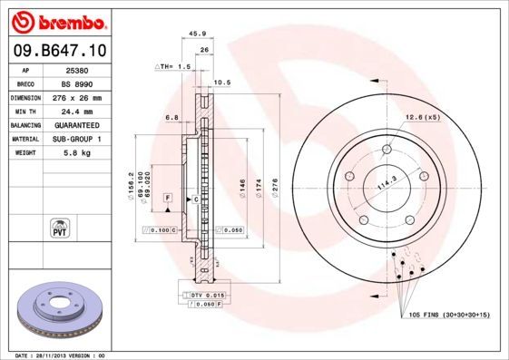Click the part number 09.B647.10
(x=57, y=50)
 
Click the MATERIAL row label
(x=24, y=140)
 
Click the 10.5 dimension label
(x=220, y=83)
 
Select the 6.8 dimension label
(x=171, y=117)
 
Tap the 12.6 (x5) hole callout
(x=422, y=116)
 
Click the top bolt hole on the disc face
(x=387, y=150)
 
